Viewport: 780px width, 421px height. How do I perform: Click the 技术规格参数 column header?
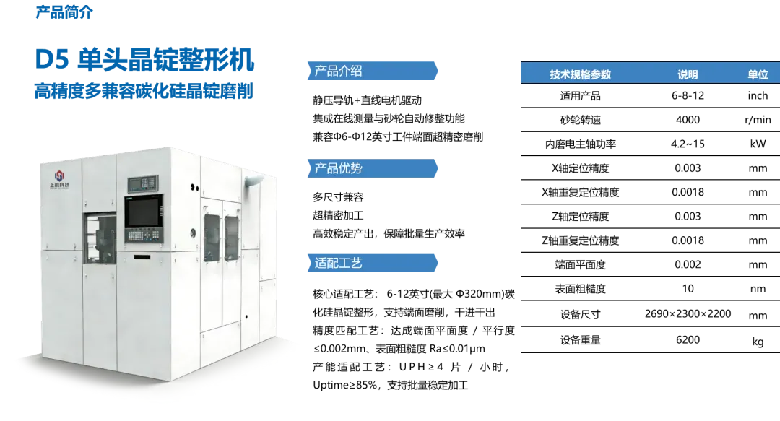(x=580, y=74)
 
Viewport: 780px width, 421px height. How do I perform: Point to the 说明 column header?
(x=688, y=74)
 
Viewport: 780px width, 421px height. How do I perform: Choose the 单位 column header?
(x=758, y=74)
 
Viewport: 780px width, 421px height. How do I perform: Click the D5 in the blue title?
(x=52, y=59)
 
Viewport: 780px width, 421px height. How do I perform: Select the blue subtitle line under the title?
(x=144, y=95)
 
